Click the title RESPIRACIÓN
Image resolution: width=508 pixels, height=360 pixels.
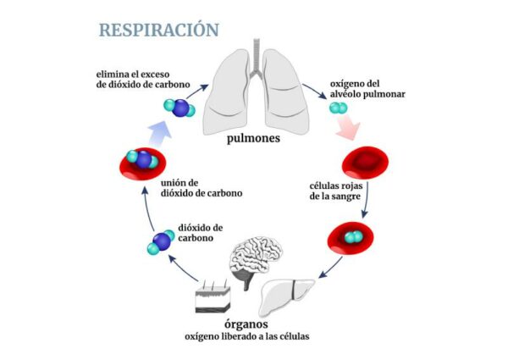(158, 30)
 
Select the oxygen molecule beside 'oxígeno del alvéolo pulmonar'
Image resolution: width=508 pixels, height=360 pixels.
(337, 108)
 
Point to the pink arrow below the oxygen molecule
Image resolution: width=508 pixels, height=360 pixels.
(349, 129)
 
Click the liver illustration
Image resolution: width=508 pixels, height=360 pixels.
(290, 296)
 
